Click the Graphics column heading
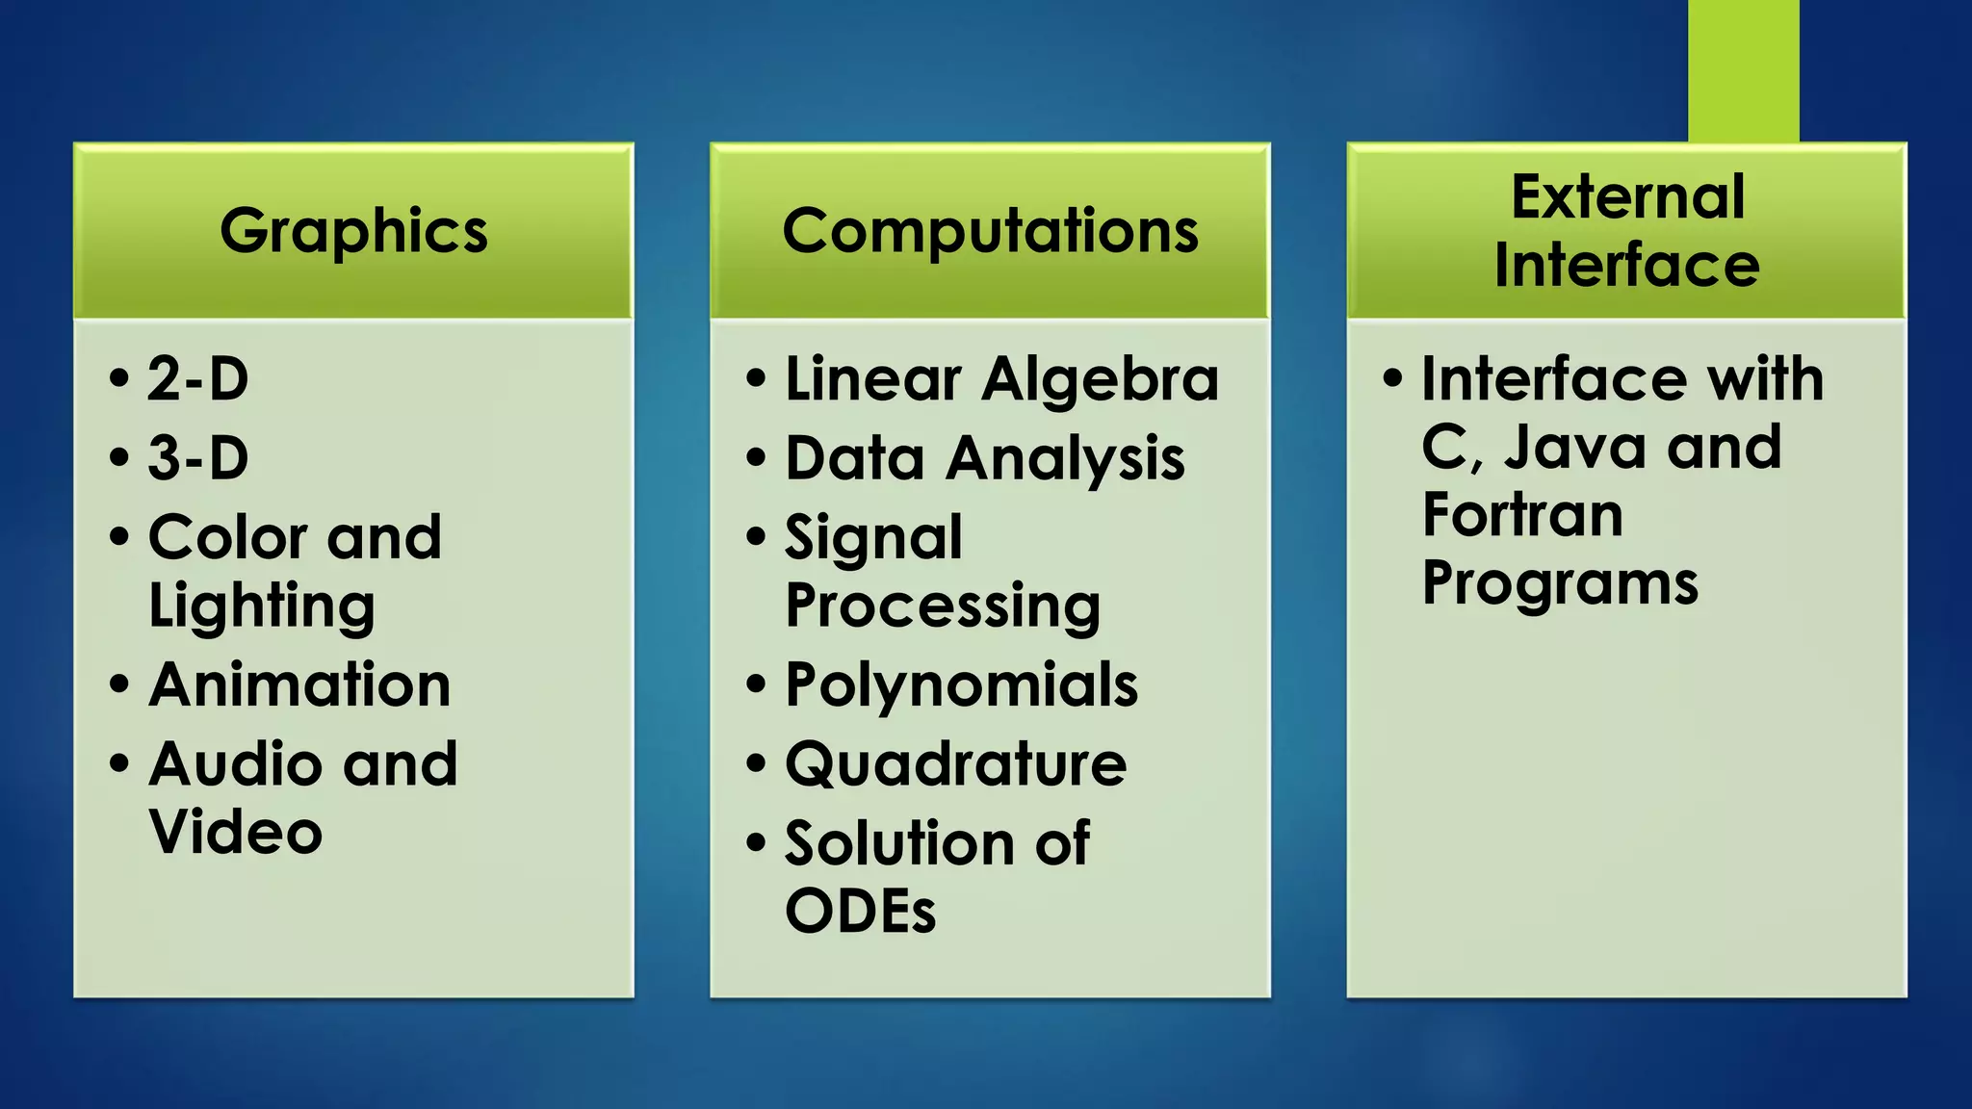[353, 231]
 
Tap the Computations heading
[990, 231]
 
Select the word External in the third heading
[1627, 197]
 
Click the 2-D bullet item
[197, 378]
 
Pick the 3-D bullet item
[197, 457]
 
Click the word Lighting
[262, 606]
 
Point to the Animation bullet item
[299, 684]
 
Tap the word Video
[236, 832]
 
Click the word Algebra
[1100, 379]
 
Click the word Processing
[943, 606]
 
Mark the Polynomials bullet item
[961, 684]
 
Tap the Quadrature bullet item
[955, 764]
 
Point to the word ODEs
[860, 911]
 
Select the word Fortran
[1522, 515]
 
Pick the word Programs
[1560, 584]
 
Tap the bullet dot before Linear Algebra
[757, 378]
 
